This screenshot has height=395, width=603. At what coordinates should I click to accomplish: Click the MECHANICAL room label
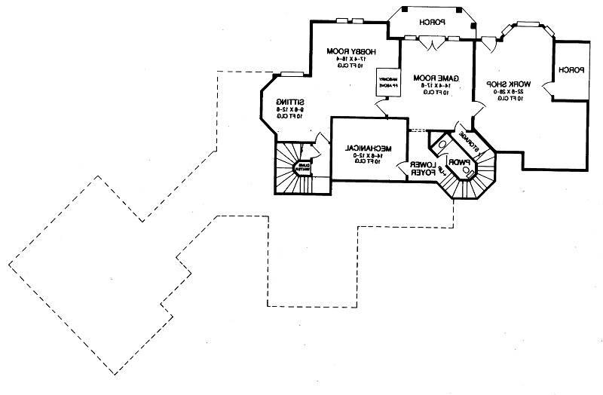[367, 147]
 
